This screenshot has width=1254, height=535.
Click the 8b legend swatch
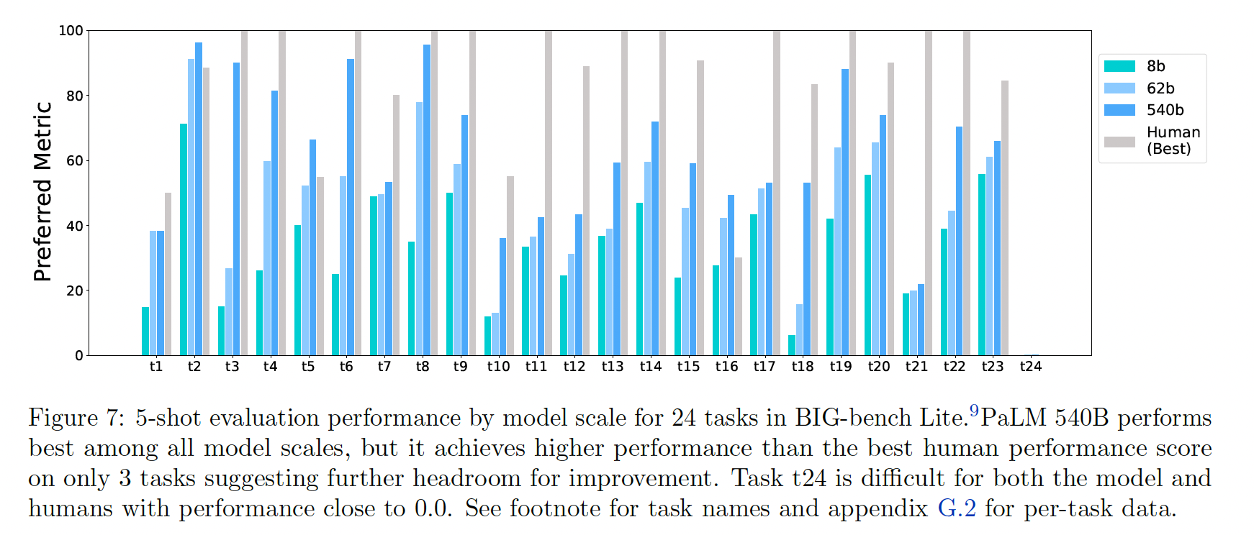pyautogui.click(x=1119, y=66)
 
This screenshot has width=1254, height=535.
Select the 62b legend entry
pyautogui.click(x=1160, y=88)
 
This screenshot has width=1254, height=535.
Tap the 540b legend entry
pyautogui.click(x=1165, y=110)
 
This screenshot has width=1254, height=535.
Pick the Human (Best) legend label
pyautogui.click(x=1173, y=140)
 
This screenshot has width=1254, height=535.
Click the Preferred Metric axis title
pyautogui.click(x=43, y=191)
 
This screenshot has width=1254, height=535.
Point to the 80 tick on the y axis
pyautogui.click(x=75, y=96)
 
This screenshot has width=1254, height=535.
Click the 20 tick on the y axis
pyautogui.click(x=75, y=291)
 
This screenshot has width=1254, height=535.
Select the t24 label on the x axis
pyautogui.click(x=1031, y=367)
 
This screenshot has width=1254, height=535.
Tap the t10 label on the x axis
pyautogui.click(x=498, y=367)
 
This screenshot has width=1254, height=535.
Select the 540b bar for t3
pyautogui.click(x=236, y=209)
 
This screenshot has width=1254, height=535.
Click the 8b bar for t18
pyautogui.click(x=792, y=345)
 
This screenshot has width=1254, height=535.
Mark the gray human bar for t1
pyautogui.click(x=168, y=274)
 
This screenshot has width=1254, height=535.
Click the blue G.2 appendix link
pyautogui.click(x=957, y=508)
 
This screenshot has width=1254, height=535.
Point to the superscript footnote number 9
pyautogui.click(x=974, y=411)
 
